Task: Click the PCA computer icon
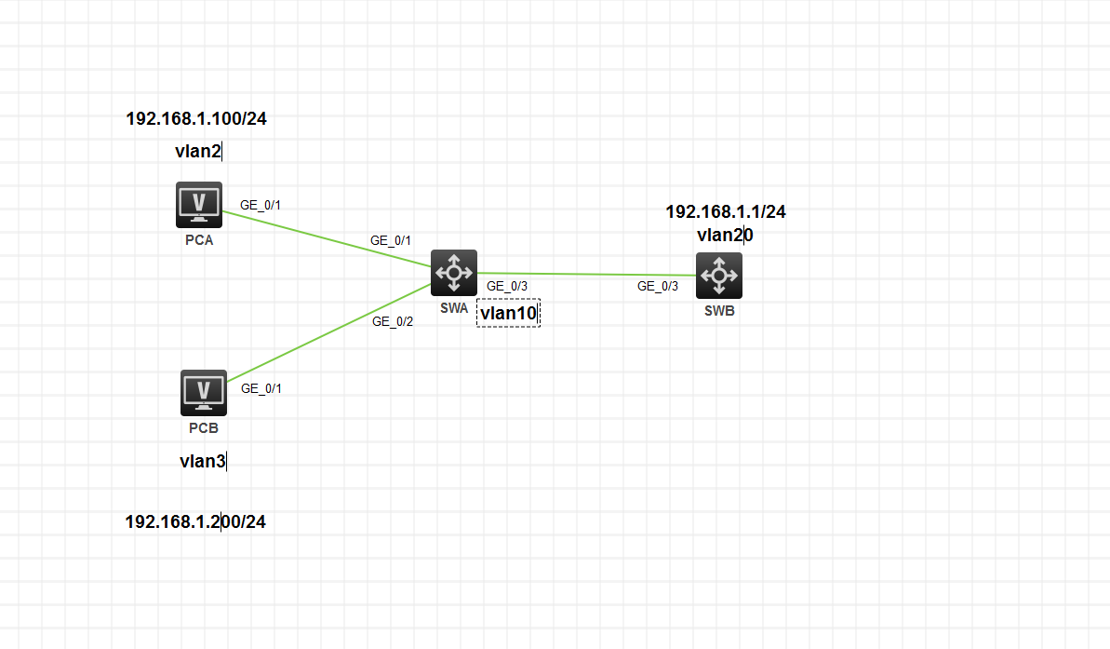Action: (199, 204)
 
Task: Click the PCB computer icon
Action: (204, 392)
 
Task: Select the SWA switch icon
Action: (454, 273)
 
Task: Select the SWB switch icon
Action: (719, 276)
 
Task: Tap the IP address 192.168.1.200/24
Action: (195, 522)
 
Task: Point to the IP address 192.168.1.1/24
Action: (725, 212)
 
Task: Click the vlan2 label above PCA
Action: (197, 151)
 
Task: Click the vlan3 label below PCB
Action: (202, 461)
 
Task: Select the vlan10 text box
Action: (508, 314)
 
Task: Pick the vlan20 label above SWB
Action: (725, 236)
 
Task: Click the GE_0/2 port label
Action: (392, 322)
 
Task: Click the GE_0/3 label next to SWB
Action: (657, 287)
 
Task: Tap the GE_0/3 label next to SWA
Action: (507, 287)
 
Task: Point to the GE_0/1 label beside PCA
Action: (260, 205)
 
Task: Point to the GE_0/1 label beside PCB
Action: (261, 389)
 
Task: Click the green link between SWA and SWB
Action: (586, 275)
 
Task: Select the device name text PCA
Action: (199, 240)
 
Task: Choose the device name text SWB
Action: (719, 311)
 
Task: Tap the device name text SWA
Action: (454, 308)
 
